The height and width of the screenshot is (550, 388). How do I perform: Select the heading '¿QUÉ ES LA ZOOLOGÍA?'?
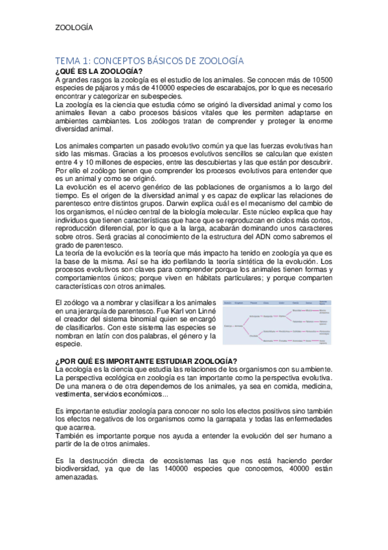[99, 70]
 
